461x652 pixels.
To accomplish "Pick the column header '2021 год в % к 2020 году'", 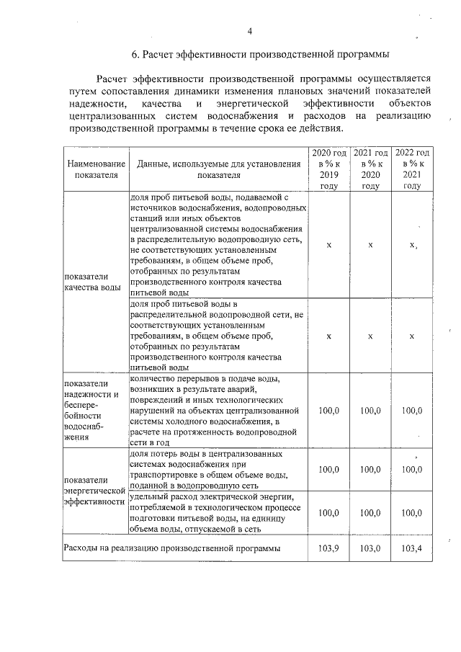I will [370, 169].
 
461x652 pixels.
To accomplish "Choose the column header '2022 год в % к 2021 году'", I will [412, 169].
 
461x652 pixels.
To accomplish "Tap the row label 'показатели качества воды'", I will [92, 282].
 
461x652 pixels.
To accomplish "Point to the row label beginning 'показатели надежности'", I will [91, 409].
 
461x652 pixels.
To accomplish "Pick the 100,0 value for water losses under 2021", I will [370, 469].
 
